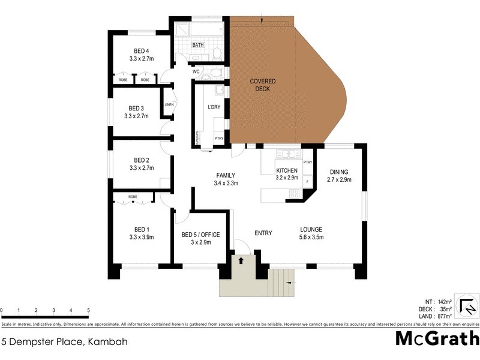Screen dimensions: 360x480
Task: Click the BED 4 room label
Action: (142, 51)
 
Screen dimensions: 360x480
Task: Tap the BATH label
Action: (198, 45)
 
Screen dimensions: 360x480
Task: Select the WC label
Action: (196, 72)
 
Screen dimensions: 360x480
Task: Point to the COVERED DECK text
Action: (260, 85)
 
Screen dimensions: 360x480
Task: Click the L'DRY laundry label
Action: (214, 107)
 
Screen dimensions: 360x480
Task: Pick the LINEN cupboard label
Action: (169, 106)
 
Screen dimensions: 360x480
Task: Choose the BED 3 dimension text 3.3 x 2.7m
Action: (137, 116)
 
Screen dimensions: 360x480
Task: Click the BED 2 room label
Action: (142, 160)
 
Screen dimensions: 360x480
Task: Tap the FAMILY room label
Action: (227, 175)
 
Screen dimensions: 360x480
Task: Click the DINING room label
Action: (338, 172)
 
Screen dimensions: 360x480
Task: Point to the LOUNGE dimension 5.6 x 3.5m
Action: (311, 237)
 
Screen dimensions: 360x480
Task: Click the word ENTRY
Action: (263, 233)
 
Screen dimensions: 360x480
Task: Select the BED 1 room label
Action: (142, 229)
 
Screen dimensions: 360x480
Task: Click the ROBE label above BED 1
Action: (133, 197)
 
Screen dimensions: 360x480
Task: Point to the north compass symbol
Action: (466, 306)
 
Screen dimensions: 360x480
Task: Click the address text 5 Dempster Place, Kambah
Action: (64, 342)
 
